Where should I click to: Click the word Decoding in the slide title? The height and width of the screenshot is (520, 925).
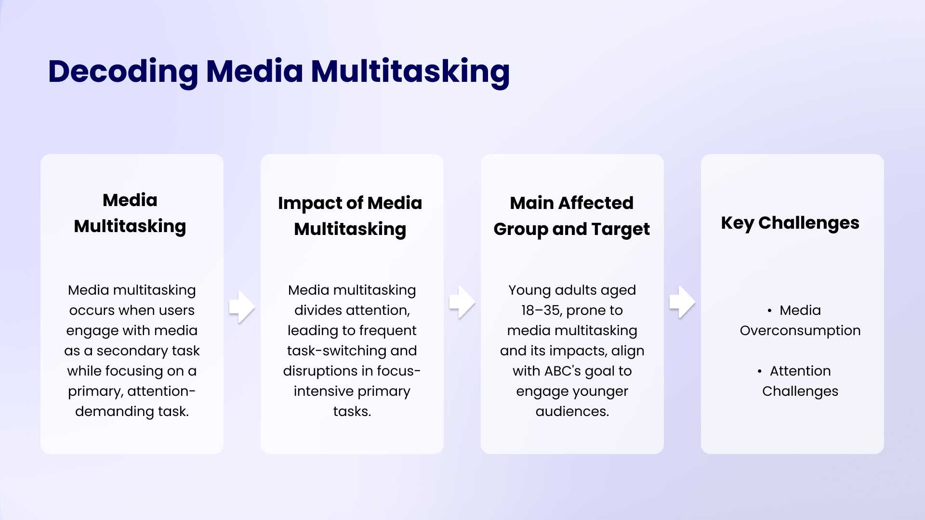click(x=123, y=71)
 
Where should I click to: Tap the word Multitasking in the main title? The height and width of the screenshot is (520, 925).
click(x=410, y=71)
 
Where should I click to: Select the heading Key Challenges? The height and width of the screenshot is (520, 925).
click(x=790, y=223)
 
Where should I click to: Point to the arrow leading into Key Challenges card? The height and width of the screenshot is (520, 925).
click(x=682, y=302)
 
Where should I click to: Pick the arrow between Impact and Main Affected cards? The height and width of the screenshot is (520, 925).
click(x=462, y=302)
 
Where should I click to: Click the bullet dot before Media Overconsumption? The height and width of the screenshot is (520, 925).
click(x=769, y=311)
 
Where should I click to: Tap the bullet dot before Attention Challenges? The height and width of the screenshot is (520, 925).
click(x=759, y=371)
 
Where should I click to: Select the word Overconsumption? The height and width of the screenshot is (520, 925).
click(x=800, y=331)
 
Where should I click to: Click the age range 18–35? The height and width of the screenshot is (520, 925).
click(x=541, y=311)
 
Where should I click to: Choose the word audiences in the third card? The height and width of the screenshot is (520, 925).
click(x=572, y=412)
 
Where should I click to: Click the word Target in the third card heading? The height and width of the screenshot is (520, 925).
click(x=621, y=229)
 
